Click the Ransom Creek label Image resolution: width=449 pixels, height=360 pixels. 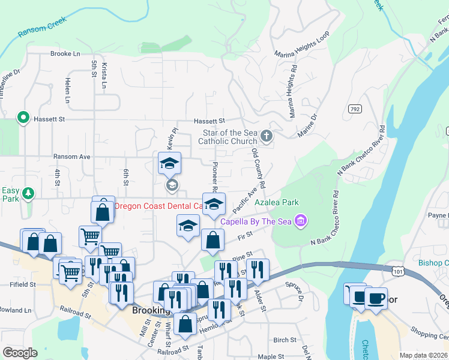42,27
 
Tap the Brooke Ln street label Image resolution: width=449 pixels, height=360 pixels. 65,53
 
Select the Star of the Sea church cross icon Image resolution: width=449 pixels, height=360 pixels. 267,136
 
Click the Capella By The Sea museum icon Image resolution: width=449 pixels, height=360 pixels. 301,221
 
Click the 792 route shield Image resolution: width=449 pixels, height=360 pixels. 354,108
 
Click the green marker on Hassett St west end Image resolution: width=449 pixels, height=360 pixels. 23,118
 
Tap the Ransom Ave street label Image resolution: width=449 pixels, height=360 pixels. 71,157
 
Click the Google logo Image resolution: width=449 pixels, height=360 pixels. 20,352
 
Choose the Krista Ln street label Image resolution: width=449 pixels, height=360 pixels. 104,76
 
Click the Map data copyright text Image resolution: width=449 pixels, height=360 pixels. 422,355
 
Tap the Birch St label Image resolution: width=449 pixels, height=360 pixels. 284,340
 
